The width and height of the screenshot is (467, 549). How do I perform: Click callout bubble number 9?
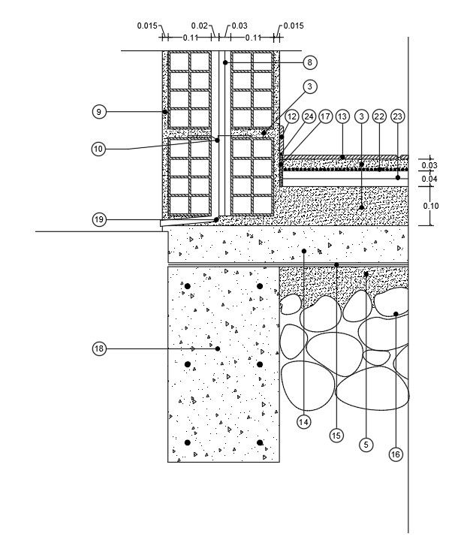point(98,112)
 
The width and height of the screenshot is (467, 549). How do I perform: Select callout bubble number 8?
point(309,62)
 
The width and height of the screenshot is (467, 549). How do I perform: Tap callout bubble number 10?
point(98,149)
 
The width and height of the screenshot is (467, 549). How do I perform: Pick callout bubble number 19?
point(98,219)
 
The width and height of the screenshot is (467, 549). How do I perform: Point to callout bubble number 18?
point(98,348)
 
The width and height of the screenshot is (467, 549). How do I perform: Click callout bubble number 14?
point(303,422)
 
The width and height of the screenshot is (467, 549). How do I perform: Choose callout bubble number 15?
point(336,434)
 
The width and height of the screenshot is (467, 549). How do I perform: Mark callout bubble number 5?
point(366,445)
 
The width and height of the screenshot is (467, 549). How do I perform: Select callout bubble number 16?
point(395,454)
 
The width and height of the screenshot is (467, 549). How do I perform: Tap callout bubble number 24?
point(309,116)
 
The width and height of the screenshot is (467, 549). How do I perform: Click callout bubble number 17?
point(325,116)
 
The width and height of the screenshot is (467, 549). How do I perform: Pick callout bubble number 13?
point(342,116)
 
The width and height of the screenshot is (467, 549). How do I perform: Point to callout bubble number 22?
point(379,116)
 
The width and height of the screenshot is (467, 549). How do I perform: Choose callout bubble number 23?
point(398,116)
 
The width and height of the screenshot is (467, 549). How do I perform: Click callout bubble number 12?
point(292,116)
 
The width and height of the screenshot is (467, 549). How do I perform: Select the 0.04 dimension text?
point(429,179)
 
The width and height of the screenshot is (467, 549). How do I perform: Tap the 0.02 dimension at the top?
point(199,26)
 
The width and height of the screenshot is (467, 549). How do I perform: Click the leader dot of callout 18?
point(217,348)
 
